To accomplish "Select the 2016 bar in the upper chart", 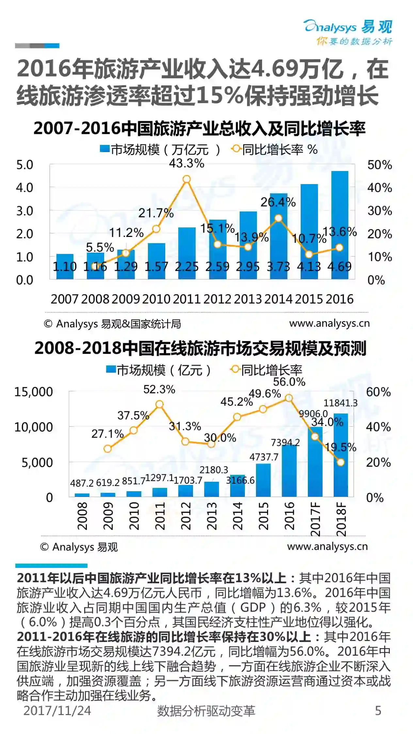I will (x=340, y=225).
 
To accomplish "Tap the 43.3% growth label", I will (x=186, y=163).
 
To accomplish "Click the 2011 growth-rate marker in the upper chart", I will (x=186, y=179).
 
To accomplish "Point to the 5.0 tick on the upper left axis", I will (x=25, y=165).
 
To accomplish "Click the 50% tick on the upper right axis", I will (x=379, y=165).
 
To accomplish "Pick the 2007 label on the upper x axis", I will (x=65, y=299).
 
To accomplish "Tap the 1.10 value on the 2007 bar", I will (x=65, y=267).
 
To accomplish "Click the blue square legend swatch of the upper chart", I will (x=104, y=149).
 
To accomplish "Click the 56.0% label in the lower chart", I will (x=289, y=382).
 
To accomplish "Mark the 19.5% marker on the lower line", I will (x=341, y=462).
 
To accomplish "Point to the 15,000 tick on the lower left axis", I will (x=33, y=392).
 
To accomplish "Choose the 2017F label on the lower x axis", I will (x=315, y=519).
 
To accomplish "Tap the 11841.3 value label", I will (x=341, y=403).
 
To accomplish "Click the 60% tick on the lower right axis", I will (x=378, y=392).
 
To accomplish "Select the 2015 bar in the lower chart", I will (x=263, y=480).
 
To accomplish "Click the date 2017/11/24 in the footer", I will (x=57, y=711).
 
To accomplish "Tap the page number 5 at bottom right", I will (x=378, y=711).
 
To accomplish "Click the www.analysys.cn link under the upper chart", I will (x=329, y=323).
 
